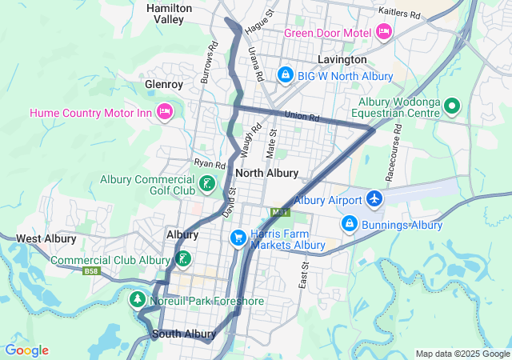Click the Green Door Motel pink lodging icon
(x=383, y=32)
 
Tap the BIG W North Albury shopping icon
(x=285, y=75)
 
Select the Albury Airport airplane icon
(x=374, y=199)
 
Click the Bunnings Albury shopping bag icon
(x=349, y=224)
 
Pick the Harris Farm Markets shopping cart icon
(x=238, y=238)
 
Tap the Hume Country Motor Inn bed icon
(x=165, y=112)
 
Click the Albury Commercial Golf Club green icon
(x=206, y=185)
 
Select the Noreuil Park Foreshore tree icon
(x=137, y=299)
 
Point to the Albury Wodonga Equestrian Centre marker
(x=451, y=106)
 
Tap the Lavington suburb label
(x=342, y=59)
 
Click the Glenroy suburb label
(x=164, y=84)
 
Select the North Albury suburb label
(x=267, y=173)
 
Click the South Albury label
(x=183, y=334)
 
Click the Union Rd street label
(x=302, y=117)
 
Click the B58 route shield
(x=93, y=271)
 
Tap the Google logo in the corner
(x=26, y=350)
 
